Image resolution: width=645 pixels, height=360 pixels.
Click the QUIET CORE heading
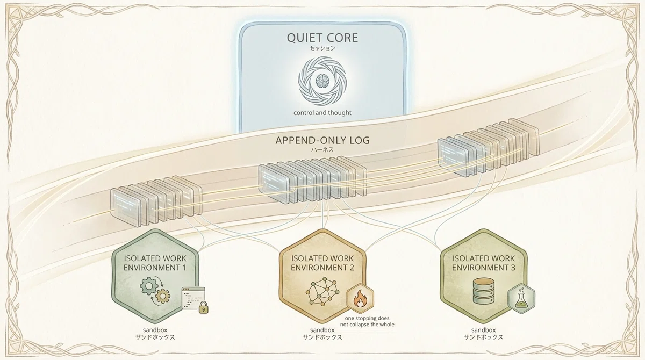coord(322,38)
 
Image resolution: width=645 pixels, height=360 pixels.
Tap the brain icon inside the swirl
coord(322,81)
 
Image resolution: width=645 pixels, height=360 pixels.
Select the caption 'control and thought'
coord(322,113)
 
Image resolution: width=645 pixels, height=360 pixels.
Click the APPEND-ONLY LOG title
coord(322,140)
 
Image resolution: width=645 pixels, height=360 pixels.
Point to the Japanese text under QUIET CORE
coord(322,48)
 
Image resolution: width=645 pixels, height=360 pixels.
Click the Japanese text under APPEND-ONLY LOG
coord(322,149)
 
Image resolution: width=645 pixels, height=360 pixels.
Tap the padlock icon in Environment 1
coord(204,307)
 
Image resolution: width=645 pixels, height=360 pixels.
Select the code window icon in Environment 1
coord(193,299)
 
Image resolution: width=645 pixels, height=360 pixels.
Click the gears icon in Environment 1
coord(155,290)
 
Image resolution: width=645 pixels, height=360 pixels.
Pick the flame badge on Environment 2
coord(360,298)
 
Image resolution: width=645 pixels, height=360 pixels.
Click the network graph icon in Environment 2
coord(322,291)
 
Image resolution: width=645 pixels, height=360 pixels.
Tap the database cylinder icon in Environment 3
coord(483,291)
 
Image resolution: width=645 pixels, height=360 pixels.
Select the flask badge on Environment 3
coord(521,299)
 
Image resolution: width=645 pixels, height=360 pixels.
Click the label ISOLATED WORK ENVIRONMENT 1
coord(155,263)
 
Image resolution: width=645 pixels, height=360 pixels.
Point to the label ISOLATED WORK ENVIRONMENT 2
coord(322,263)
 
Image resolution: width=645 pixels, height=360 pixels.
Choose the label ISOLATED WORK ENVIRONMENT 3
coord(483,263)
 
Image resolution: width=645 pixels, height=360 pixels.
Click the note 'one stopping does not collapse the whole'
coord(367,321)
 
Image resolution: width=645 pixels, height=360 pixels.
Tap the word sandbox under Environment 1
coord(155,330)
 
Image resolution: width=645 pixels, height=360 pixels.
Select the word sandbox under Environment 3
coord(483,330)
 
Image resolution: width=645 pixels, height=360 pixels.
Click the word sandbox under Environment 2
coord(322,330)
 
